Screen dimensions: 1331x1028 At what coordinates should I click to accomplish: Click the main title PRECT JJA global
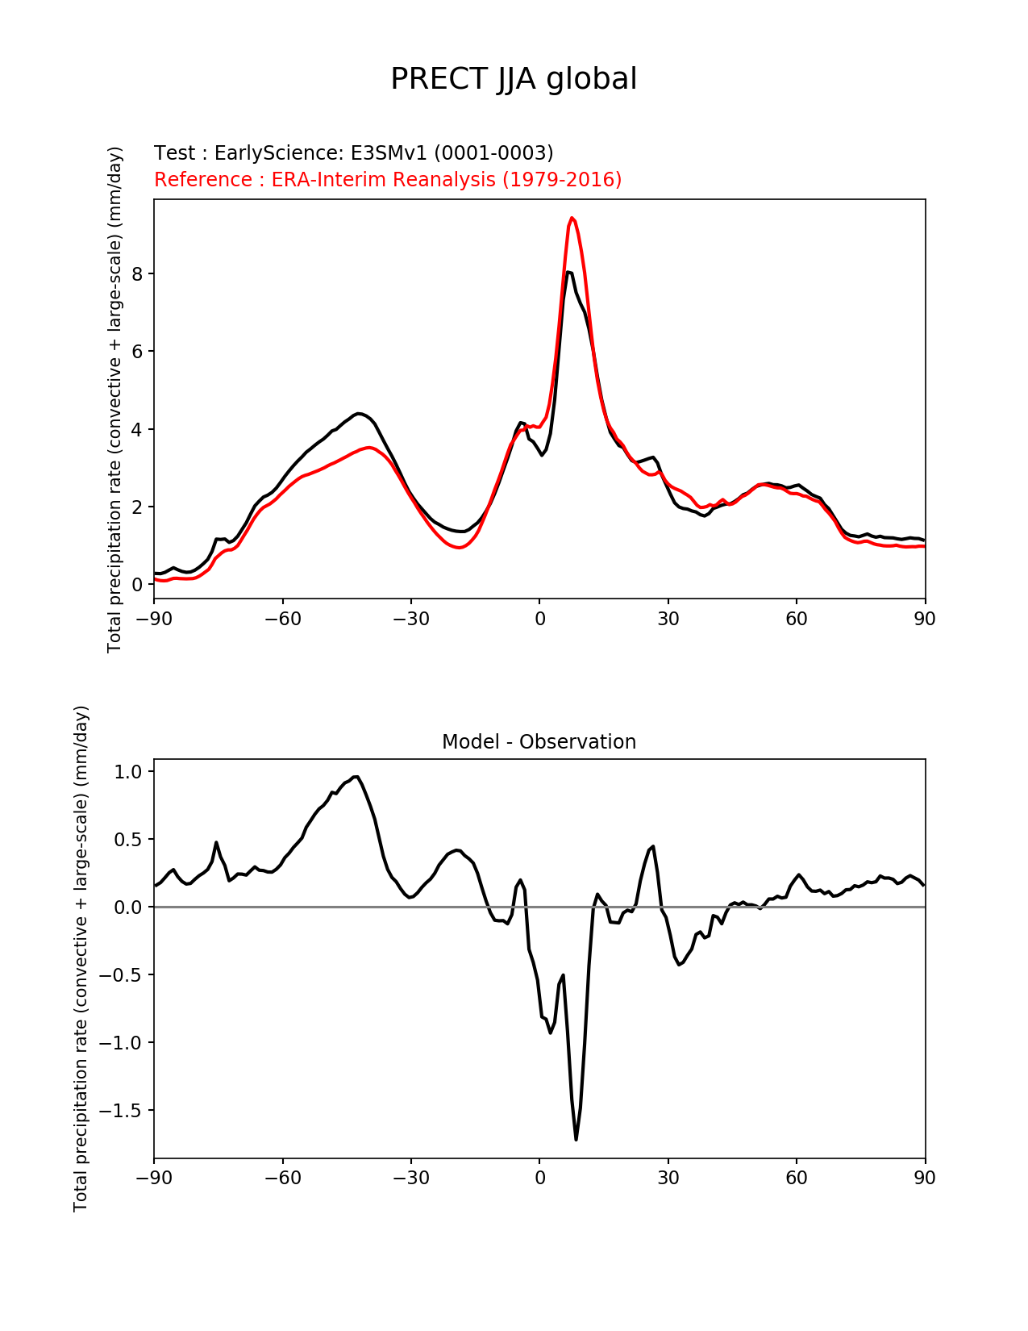click(x=514, y=79)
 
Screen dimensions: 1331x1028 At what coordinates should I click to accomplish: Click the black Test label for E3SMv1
click(x=353, y=153)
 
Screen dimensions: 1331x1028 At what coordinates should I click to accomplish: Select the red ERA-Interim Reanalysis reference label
click(x=388, y=179)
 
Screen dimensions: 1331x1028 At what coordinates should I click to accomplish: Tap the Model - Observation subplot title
click(x=539, y=742)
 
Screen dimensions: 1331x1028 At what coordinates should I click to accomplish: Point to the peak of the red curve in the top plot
click(x=572, y=218)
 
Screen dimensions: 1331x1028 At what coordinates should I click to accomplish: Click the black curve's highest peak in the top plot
click(x=568, y=273)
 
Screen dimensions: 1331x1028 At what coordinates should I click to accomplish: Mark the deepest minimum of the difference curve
click(x=576, y=1139)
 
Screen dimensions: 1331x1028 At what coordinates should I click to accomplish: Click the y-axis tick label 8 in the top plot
click(x=137, y=274)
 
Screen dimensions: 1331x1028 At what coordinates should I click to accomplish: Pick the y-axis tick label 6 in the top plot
click(x=137, y=352)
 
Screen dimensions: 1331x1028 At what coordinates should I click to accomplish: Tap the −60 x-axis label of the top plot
click(x=282, y=619)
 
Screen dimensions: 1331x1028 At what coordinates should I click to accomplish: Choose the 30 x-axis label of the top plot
click(x=668, y=619)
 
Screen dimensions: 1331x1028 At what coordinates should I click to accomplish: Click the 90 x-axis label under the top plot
click(x=925, y=619)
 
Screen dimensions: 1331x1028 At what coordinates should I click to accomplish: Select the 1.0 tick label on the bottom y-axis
click(x=127, y=772)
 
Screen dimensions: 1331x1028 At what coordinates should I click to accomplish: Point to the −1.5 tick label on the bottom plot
click(x=121, y=1111)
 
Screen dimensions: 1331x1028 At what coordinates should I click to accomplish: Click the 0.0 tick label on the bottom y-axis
click(x=127, y=907)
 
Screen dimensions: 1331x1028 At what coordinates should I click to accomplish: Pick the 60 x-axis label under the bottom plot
click(x=796, y=1178)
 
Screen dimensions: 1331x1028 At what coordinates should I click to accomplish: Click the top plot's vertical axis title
click(x=115, y=399)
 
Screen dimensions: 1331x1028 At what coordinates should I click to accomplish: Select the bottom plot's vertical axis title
click(x=81, y=958)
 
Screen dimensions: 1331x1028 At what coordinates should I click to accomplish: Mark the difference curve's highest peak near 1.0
click(x=356, y=777)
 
